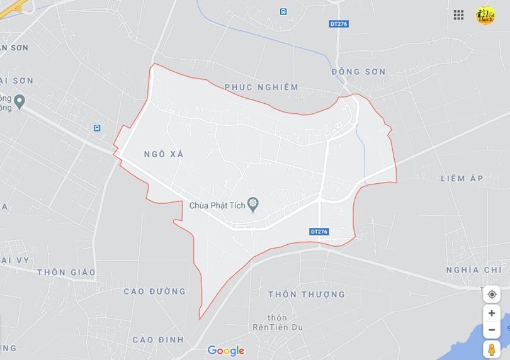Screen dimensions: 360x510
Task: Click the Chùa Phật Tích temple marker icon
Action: click(x=253, y=204)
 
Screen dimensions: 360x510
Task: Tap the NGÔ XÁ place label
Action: click(x=163, y=154)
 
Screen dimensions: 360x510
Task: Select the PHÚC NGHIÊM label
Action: click(x=261, y=87)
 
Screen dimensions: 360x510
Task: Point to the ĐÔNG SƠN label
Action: click(x=359, y=72)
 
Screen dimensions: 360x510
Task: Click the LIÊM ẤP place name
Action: click(x=462, y=179)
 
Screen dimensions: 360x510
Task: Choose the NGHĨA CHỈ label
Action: click(x=473, y=269)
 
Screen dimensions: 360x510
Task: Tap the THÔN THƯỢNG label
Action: click(x=307, y=295)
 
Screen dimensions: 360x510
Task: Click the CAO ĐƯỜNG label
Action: click(x=155, y=291)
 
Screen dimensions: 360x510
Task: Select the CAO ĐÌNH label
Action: click(x=158, y=340)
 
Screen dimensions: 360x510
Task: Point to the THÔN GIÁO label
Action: click(x=66, y=273)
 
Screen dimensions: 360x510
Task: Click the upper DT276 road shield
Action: click(x=339, y=24)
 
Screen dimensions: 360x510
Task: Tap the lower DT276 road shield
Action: click(x=319, y=232)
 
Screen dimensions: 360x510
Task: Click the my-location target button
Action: click(x=492, y=295)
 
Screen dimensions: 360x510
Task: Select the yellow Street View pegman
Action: click(x=492, y=349)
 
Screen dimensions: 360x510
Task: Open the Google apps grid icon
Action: click(x=458, y=15)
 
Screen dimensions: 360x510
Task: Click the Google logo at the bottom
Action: click(x=225, y=351)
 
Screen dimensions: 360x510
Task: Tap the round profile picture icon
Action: click(x=485, y=15)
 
